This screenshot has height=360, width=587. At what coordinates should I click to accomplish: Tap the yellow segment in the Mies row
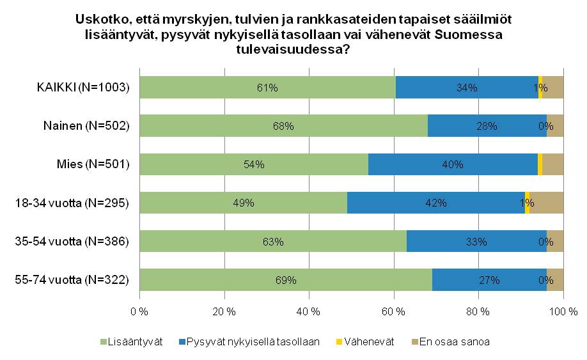tap(540, 164)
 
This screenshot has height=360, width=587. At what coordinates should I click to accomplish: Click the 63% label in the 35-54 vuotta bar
tap(273, 242)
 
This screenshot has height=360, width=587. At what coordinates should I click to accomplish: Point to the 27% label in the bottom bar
tap(490, 280)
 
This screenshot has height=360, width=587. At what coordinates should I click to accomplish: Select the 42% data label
tap(436, 203)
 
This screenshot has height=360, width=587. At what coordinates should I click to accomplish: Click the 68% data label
tap(283, 127)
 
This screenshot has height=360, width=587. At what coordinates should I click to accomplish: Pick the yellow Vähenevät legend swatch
tap(340, 342)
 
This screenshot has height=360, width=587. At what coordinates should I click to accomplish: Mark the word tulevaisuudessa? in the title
tap(293, 49)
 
